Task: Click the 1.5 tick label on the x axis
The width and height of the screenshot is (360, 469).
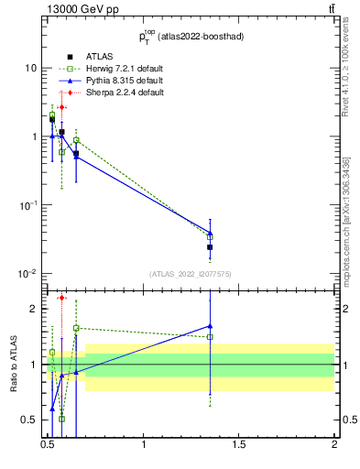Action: point(239,444)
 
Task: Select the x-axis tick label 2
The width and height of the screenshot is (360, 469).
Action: point(334,444)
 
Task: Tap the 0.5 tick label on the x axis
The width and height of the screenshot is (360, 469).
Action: point(49,444)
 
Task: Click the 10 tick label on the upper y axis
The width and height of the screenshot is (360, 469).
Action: point(30,69)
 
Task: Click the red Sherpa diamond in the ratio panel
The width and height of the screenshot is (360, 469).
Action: point(61,298)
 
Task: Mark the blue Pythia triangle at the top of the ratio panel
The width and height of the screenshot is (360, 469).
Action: point(211,325)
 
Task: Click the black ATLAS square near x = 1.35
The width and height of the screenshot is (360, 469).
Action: point(211,247)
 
